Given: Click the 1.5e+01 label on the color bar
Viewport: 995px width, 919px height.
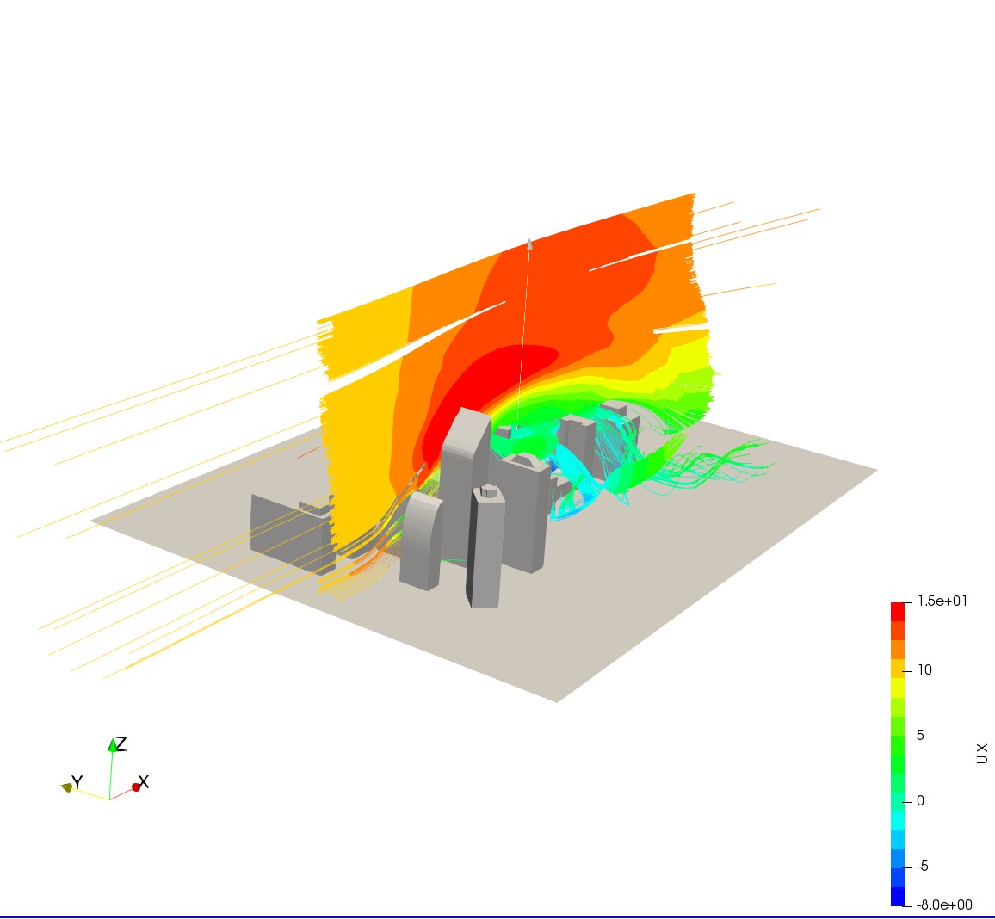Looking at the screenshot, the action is tap(942, 601).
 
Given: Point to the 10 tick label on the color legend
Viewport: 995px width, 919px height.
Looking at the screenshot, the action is tap(924, 669).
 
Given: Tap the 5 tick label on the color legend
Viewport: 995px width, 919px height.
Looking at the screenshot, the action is tap(920, 736).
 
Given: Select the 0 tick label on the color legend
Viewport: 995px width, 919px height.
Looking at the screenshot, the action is tap(920, 801).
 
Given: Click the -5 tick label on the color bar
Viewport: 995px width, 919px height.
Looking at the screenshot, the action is tap(923, 867).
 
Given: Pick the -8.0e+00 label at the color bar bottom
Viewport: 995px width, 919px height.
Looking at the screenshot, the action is tap(944, 904).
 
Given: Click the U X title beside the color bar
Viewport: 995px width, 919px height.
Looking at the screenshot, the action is tap(982, 754).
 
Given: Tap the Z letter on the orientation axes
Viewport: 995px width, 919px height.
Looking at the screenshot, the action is tap(121, 743).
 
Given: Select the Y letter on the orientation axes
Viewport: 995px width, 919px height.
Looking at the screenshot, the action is tap(77, 782).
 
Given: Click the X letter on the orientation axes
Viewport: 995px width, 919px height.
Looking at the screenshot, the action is tap(144, 781).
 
